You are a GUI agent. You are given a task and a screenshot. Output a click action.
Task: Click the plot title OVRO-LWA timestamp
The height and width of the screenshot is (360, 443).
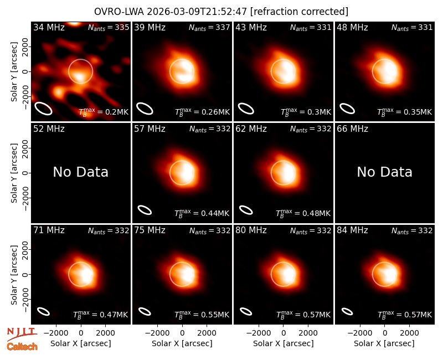point(221,12)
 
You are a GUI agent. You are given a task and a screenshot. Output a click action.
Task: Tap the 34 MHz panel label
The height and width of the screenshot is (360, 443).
point(49,27)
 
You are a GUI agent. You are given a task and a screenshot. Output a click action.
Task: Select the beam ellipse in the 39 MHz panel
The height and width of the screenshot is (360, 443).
point(145,109)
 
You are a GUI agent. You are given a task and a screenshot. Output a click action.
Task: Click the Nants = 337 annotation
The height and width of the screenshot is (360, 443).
point(209,27)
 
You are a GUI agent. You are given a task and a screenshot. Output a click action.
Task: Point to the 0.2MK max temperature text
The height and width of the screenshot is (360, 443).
point(104,112)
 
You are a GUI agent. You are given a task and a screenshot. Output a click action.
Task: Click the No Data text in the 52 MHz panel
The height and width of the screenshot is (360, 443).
point(80,172)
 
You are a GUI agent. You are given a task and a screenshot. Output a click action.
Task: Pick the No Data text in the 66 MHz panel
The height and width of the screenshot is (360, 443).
point(384,172)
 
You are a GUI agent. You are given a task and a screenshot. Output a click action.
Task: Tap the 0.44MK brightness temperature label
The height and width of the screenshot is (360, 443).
point(202,213)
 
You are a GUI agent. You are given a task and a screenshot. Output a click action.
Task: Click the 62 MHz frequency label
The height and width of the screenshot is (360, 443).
point(251,129)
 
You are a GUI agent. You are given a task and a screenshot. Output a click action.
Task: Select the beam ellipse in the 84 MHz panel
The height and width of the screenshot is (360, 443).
point(347,311)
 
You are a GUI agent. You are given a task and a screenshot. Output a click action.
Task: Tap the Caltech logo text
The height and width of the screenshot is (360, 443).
point(22,347)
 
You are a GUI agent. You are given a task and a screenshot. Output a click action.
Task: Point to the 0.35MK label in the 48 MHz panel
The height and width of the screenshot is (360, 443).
point(405,112)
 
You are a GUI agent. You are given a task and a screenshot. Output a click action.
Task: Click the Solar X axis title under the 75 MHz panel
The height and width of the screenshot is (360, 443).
point(182,343)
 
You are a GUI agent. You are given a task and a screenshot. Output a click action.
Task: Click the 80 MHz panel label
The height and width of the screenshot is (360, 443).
point(251,230)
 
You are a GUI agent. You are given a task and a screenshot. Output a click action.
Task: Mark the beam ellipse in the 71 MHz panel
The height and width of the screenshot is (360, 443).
point(44,311)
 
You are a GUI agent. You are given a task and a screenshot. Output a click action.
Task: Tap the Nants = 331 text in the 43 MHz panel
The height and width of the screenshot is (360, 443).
point(311,27)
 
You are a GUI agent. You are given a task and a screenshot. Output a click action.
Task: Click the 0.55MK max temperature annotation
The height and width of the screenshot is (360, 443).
point(202,315)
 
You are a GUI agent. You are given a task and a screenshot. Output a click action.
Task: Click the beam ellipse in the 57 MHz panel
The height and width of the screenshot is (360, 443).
point(145,210)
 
